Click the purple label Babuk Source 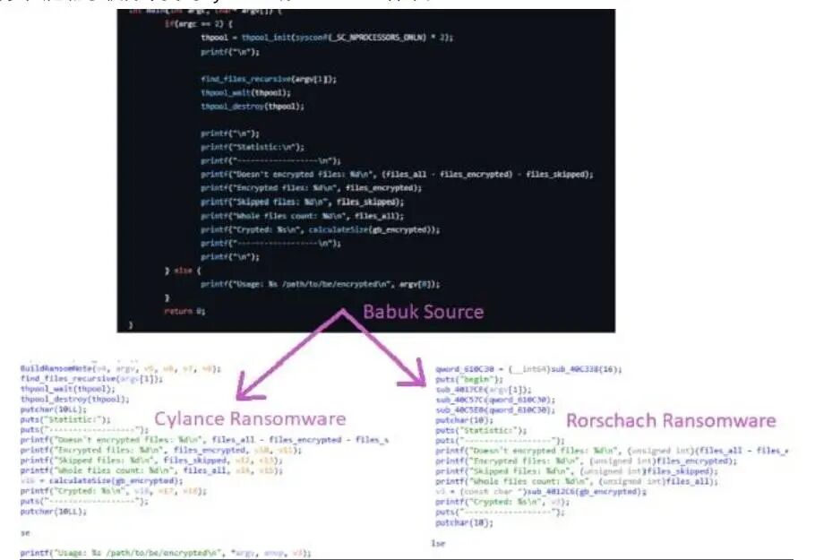[423, 312]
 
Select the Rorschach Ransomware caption [671, 420]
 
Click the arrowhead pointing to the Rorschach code [415, 376]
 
